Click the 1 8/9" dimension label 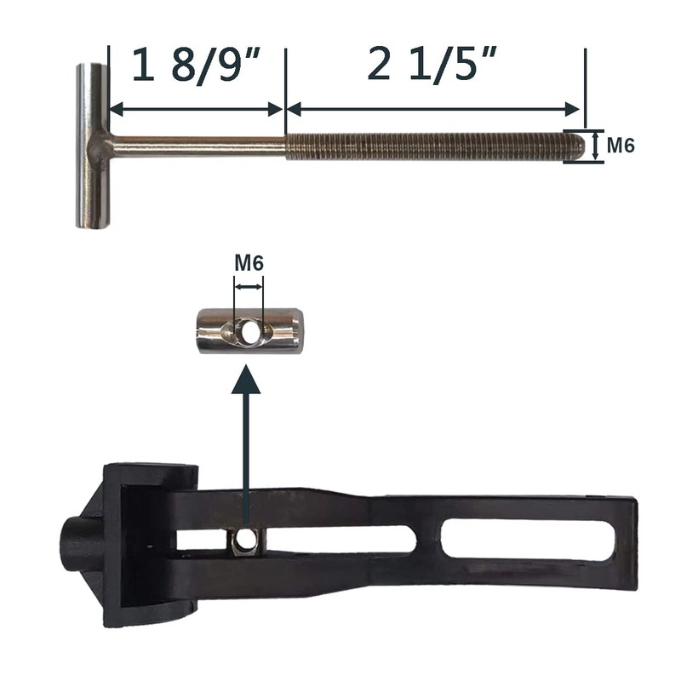click(196, 66)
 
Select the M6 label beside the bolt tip click(621, 145)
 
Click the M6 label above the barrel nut click(249, 263)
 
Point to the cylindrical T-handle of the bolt click(93, 146)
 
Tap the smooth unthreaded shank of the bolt click(197, 146)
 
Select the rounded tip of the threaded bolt click(579, 146)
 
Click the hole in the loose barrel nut click(249, 331)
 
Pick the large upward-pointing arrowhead click(246, 380)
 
